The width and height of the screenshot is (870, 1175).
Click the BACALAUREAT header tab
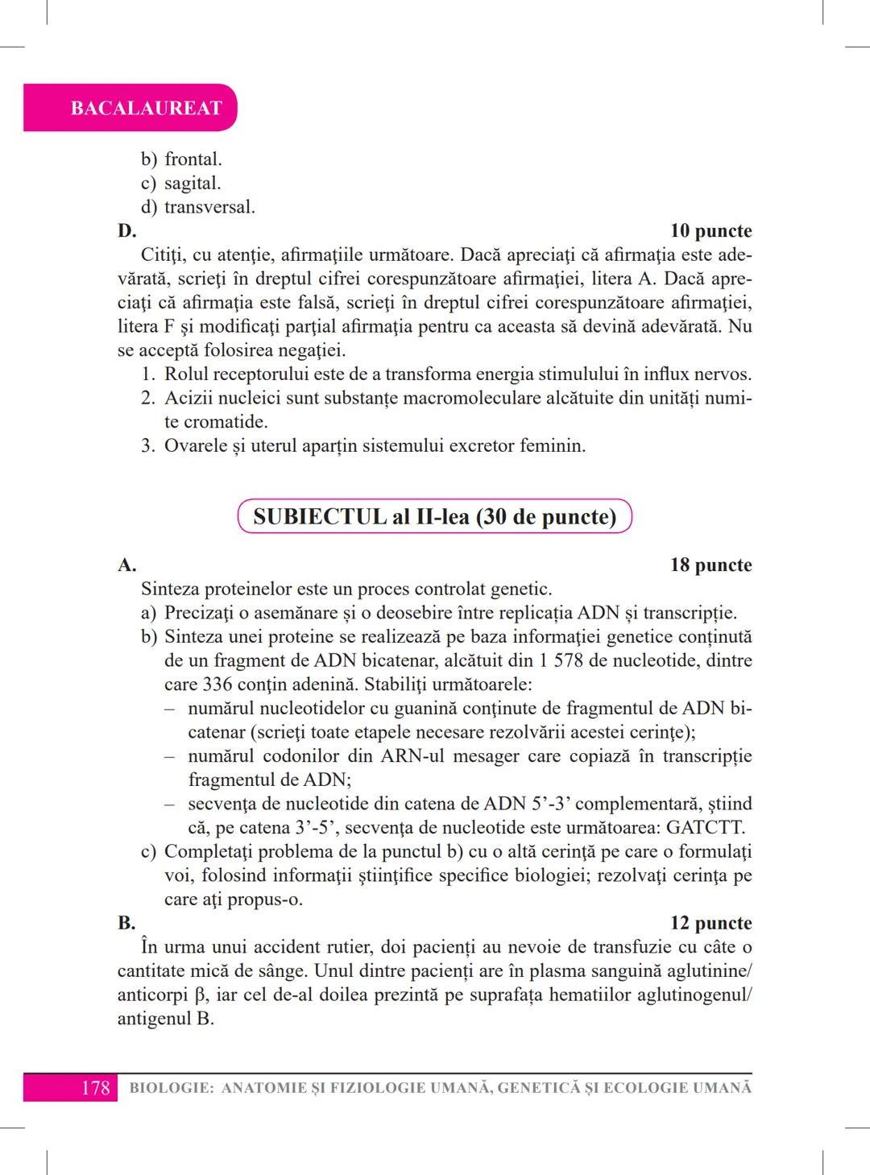coord(146,108)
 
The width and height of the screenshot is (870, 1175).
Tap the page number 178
coord(95,1088)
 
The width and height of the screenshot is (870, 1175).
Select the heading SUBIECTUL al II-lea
coord(434,516)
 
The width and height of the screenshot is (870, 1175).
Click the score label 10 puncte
coord(710,231)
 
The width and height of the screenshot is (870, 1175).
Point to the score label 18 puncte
coord(710,565)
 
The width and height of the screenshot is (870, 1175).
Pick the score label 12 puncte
coord(710,923)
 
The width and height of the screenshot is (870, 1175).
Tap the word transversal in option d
coord(209,207)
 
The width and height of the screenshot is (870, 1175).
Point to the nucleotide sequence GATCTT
coord(704,828)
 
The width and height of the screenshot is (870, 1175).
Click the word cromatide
coord(226,422)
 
